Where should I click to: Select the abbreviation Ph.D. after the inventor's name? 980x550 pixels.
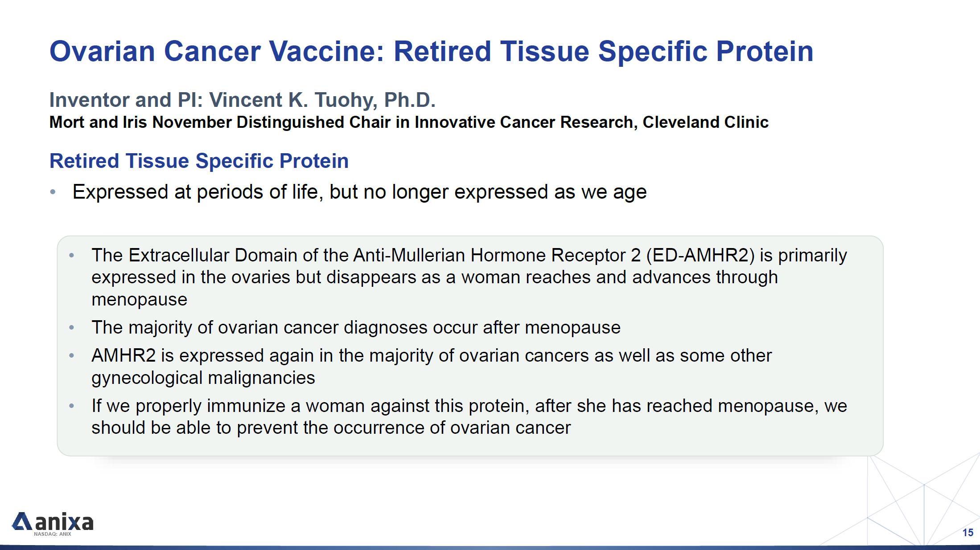(409, 100)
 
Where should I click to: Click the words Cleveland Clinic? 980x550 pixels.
(705, 122)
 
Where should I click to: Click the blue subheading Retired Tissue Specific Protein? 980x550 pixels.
(199, 161)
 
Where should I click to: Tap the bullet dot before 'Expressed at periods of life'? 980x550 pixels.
(53, 192)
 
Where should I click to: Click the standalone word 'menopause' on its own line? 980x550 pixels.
(139, 300)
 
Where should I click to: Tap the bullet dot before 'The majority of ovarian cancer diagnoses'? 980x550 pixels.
(72, 328)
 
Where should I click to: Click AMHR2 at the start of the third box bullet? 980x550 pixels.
(124, 356)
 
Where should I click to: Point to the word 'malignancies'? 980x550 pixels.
(261, 378)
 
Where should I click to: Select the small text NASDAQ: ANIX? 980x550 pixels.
(53, 534)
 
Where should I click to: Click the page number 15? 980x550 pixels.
(968, 533)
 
